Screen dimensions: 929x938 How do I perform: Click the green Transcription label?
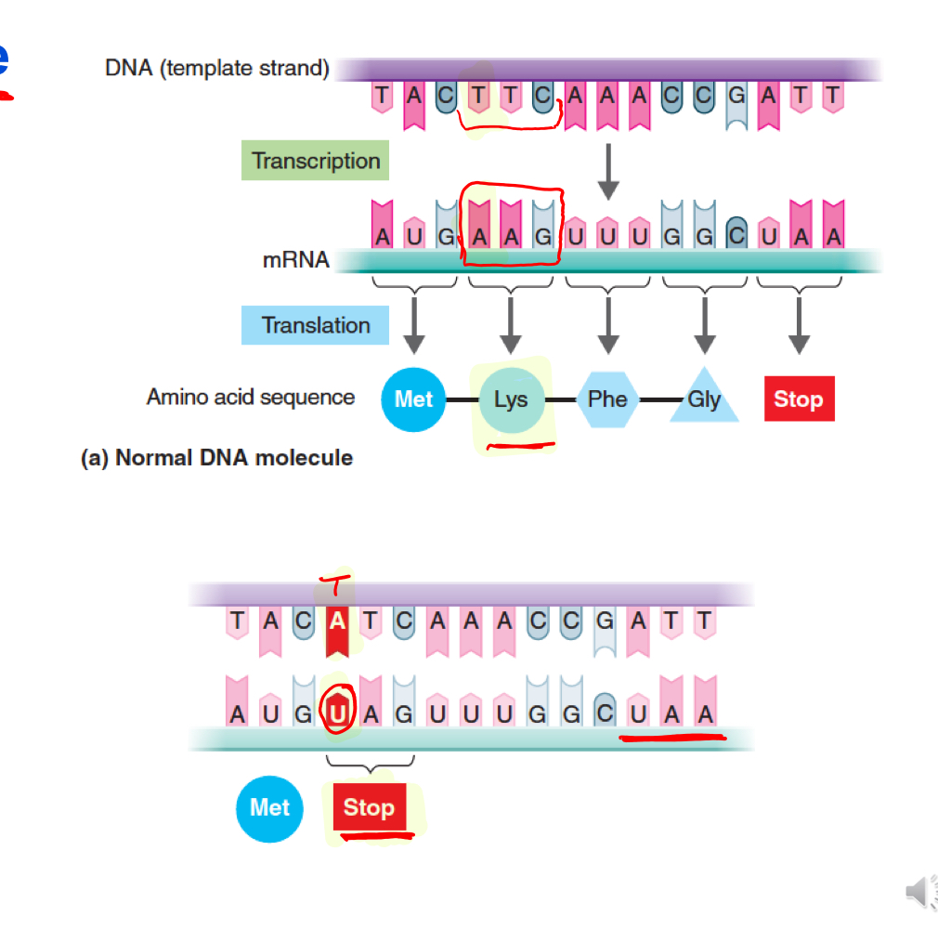point(316,161)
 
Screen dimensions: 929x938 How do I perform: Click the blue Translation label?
point(315,325)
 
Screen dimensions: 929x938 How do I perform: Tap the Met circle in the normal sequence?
point(414,399)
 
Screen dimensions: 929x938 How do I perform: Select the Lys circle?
point(510,400)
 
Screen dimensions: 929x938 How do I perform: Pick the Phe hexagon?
point(607,399)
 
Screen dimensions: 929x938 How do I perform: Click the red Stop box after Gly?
point(799,399)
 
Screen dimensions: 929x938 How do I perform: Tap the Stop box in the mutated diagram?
point(369,807)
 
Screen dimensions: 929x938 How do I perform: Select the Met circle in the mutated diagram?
point(269,807)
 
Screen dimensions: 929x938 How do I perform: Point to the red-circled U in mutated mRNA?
point(338,713)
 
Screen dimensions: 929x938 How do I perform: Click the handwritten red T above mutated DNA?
point(331,585)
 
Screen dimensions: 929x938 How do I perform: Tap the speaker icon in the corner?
point(917,894)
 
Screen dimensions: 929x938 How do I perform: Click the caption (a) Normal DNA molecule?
point(216,458)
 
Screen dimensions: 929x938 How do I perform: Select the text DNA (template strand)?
point(216,69)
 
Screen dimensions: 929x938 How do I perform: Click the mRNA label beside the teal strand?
point(295,260)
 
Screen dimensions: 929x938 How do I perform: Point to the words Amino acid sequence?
point(251,398)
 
